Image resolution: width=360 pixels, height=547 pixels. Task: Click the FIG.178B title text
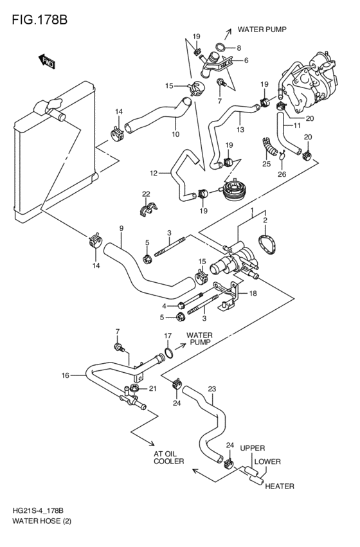pos(39,19)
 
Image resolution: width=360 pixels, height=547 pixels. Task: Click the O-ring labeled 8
pos(221,47)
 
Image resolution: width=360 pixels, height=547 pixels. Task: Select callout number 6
pos(246,60)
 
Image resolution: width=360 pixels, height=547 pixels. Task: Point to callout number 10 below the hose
pos(175,134)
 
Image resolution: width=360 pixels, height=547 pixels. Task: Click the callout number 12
pos(154,173)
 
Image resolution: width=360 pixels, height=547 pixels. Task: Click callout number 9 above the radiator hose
pos(122,228)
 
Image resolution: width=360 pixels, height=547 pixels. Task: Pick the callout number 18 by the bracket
pos(253,293)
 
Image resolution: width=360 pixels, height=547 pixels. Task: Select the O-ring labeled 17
pos(168,353)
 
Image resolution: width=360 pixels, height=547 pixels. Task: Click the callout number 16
pos(65,375)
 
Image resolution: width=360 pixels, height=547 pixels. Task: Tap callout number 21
pos(153,388)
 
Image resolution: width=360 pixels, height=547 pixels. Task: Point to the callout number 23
pos(212,389)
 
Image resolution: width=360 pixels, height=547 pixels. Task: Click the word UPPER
pos(253,448)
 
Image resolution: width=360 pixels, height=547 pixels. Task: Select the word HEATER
pos(280,486)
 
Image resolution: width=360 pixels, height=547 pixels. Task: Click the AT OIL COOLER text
pos(169,458)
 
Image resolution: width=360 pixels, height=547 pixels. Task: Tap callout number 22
pos(146,194)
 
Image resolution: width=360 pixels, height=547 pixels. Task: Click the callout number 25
pos(267,164)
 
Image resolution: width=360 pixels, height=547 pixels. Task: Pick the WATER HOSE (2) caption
pos(42,522)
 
